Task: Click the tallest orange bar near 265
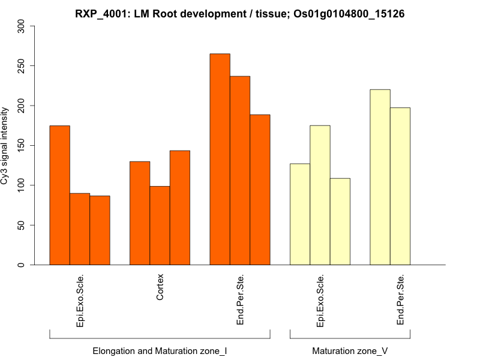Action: pos(220,159)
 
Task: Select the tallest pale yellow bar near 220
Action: pos(380,177)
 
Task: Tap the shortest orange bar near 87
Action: pos(100,230)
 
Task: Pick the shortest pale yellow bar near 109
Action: pos(340,221)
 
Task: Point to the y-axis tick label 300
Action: pos(22,26)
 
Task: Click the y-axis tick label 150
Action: pos(22,145)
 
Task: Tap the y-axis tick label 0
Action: pos(22,265)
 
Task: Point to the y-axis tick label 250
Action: pos(22,65)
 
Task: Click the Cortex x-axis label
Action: pos(160,288)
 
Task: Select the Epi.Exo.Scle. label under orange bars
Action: pos(80,301)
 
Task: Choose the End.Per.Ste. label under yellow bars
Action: pos(400,300)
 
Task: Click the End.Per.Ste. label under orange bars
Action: pos(240,300)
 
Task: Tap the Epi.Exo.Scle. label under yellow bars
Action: pos(320,301)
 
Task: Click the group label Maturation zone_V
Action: pos(350,350)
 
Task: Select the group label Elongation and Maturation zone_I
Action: pos(160,350)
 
